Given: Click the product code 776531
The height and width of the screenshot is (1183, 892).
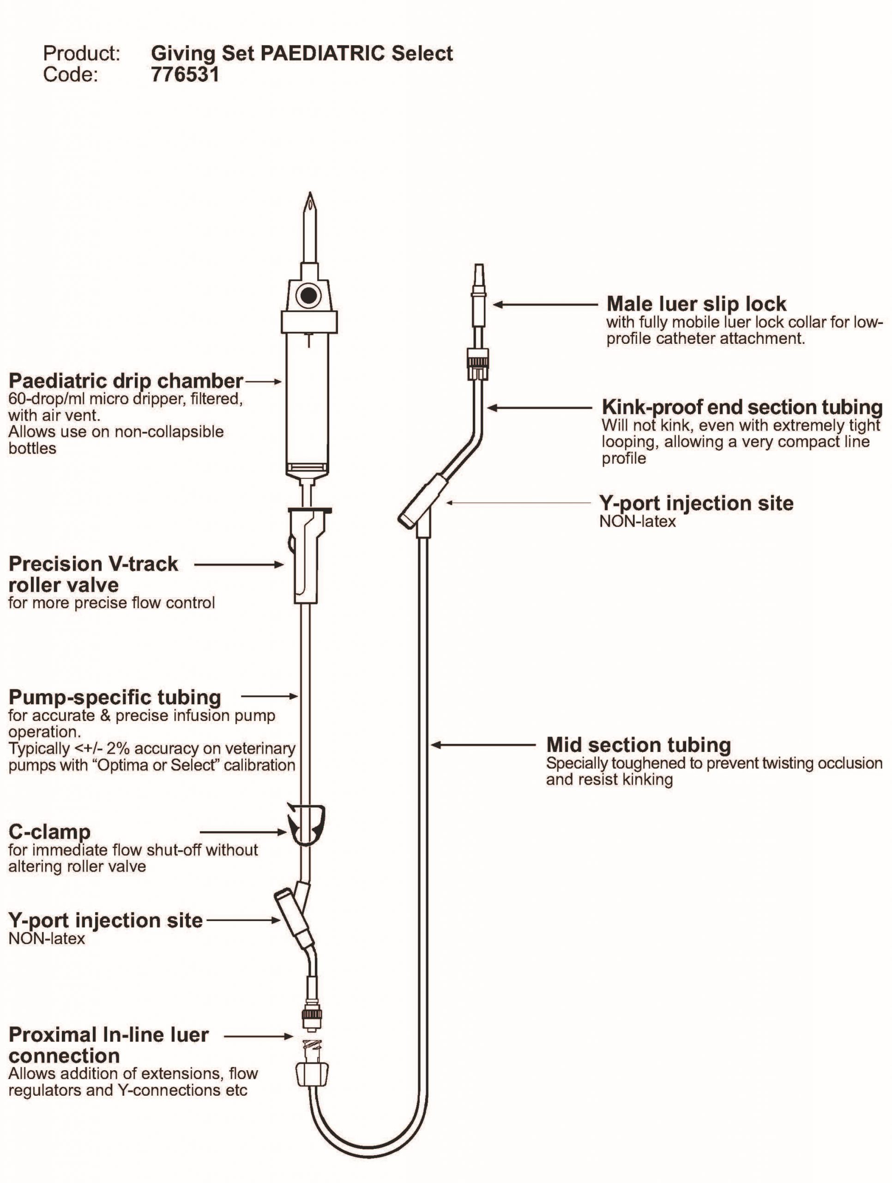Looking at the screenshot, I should click(x=185, y=74).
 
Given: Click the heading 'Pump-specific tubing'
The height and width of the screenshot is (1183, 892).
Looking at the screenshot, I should click(x=115, y=697).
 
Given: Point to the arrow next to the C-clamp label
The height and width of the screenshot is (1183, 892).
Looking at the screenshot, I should click(x=243, y=832).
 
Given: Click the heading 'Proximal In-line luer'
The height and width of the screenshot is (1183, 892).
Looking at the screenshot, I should click(x=108, y=1035).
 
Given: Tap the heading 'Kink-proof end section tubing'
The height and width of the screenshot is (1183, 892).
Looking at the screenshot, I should click(x=742, y=407).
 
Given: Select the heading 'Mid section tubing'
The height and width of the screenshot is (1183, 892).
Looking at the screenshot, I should click(x=638, y=744).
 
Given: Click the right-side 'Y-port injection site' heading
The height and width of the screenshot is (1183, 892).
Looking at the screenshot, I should click(x=696, y=503).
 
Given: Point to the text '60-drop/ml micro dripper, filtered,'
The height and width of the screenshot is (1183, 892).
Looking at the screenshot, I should click(x=126, y=399).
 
